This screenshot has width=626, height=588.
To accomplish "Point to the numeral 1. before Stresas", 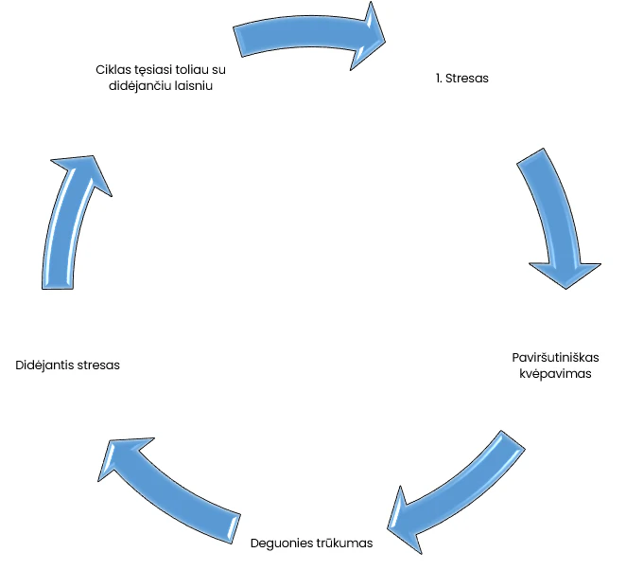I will coord(440,79).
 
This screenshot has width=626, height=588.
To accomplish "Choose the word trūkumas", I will coord(346,543).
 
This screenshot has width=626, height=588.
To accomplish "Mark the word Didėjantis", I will coord(46,365).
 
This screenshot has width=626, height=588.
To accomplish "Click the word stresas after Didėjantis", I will coord(99,365).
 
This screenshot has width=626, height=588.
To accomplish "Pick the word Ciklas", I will coord(113,69).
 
